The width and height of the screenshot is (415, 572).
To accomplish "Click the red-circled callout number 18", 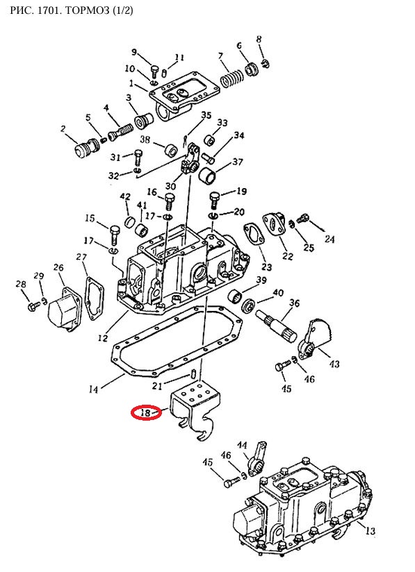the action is pos(145,412).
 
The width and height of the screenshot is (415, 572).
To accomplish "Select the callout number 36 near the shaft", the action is pos(295,303).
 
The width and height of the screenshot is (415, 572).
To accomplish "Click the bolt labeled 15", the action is pos(113,235).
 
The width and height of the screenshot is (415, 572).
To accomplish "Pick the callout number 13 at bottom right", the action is pos(371,530).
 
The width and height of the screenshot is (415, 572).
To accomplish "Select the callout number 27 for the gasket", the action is pos(81,257).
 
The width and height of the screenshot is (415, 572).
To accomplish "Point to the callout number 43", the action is pos(334,364).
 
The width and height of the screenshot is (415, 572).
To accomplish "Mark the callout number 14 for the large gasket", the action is pos(93,389).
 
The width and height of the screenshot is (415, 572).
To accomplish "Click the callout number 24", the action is pos(329,239).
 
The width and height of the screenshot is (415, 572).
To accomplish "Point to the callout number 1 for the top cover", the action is pos(131,83).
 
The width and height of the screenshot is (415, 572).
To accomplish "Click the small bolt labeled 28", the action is pos(33,307).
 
